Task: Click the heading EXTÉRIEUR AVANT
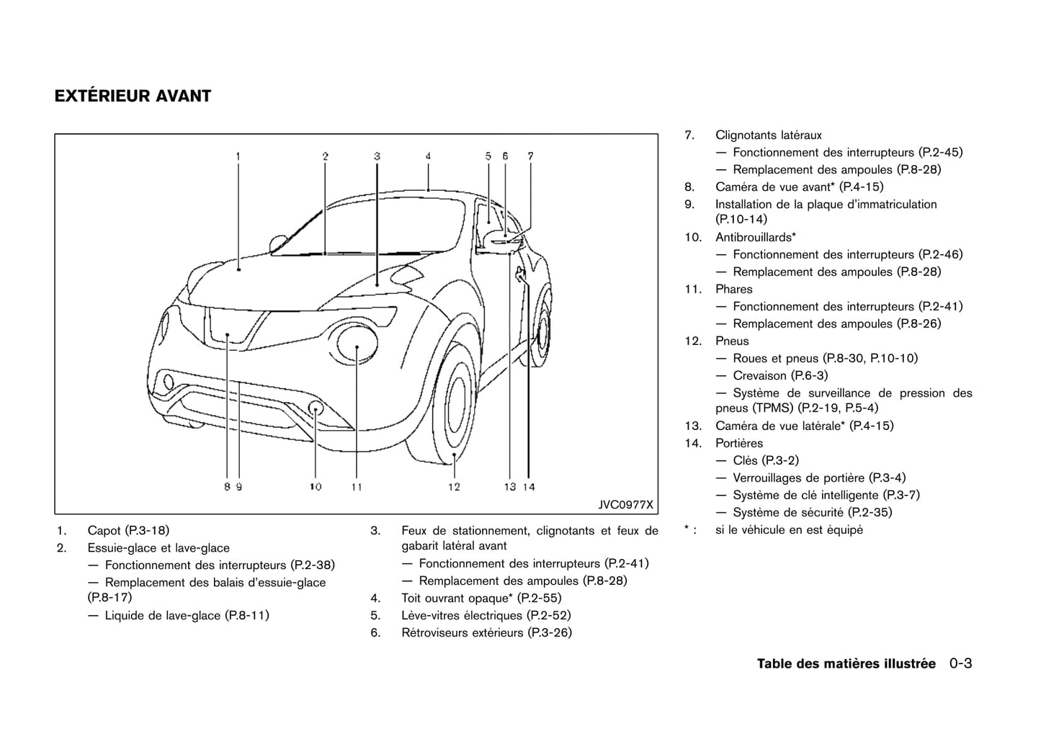coord(133,96)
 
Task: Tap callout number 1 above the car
coord(238,156)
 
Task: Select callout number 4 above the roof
coord(428,156)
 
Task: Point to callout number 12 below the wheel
coord(454,487)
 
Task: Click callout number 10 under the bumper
coord(316,487)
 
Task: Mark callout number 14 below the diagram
coord(529,487)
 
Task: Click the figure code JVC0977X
coord(625,504)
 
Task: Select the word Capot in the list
coord(104,531)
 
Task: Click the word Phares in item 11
coord(733,289)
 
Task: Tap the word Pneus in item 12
coord(732,341)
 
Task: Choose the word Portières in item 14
coord(738,443)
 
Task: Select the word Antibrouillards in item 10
coord(754,237)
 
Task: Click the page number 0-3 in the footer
coord(960,663)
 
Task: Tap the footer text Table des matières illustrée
coord(846,663)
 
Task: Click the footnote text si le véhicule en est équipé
coord(789,530)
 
